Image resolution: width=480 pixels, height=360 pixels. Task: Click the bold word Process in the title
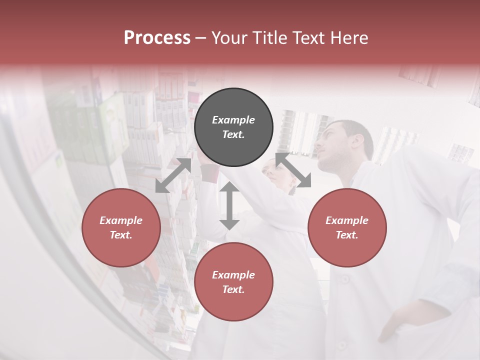click(157, 38)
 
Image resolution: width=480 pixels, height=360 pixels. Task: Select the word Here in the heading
click(349, 38)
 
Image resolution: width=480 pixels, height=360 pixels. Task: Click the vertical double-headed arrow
click(229, 205)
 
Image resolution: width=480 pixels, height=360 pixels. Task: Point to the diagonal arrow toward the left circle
click(173, 175)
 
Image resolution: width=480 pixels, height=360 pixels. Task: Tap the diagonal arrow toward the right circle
click(293, 170)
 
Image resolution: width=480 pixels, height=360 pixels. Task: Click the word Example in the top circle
click(233, 120)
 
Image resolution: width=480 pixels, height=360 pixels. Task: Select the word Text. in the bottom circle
click(233, 289)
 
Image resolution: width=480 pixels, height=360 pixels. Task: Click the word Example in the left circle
click(121, 220)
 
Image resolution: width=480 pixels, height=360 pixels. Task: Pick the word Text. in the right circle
click(347, 235)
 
